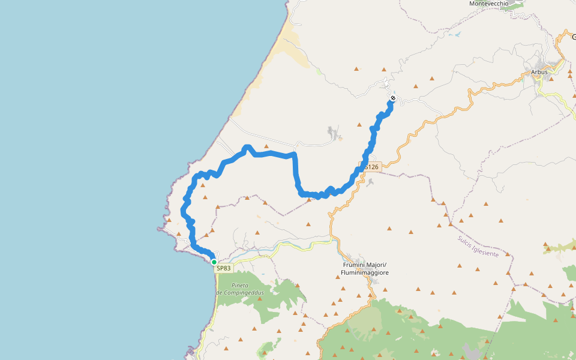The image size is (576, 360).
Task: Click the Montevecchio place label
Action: tap(488, 4)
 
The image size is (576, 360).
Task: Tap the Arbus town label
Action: tap(539, 72)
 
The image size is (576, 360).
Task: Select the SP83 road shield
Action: tap(223, 268)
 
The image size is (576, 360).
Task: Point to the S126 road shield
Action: tap(371, 167)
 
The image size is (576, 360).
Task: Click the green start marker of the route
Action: tap(214, 262)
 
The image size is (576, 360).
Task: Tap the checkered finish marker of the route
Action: tap(392, 98)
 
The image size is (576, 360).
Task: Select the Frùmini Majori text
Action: tap(364, 265)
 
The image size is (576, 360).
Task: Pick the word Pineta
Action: tap(240, 285)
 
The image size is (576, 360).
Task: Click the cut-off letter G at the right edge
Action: tap(573, 37)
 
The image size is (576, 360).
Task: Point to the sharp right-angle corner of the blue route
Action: tap(295, 155)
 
